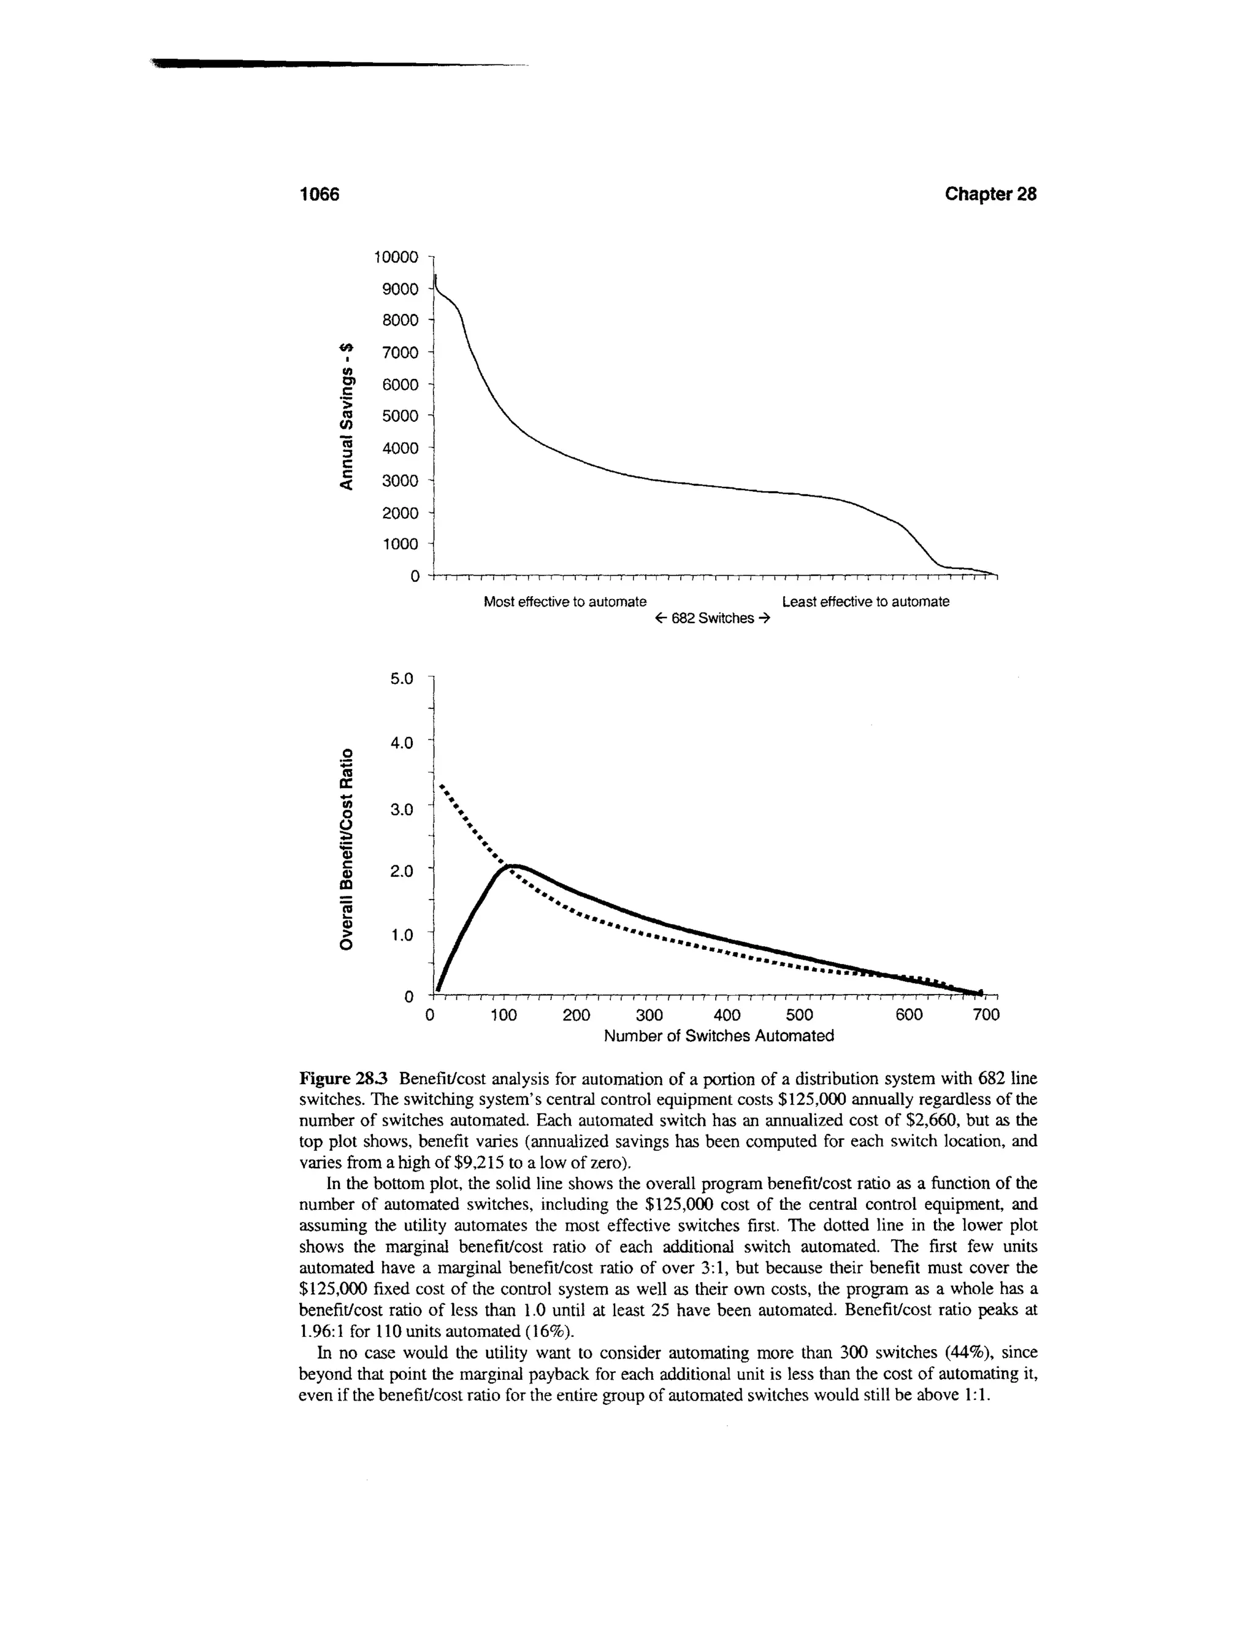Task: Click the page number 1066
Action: click(x=318, y=194)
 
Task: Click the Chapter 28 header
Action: click(x=990, y=194)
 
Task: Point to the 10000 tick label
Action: click(x=397, y=258)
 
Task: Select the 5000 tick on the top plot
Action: click(x=400, y=416)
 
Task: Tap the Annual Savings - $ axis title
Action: click(x=346, y=416)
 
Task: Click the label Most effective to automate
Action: click(x=565, y=601)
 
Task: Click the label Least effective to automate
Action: click(x=865, y=601)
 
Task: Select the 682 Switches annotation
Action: click(x=713, y=619)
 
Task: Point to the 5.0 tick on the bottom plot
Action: click(x=401, y=679)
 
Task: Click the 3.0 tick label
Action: click(x=401, y=809)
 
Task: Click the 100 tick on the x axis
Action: click(x=504, y=1015)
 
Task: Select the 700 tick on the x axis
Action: click(x=987, y=1015)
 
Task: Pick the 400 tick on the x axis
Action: click(x=726, y=1015)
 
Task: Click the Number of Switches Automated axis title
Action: click(x=719, y=1036)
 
